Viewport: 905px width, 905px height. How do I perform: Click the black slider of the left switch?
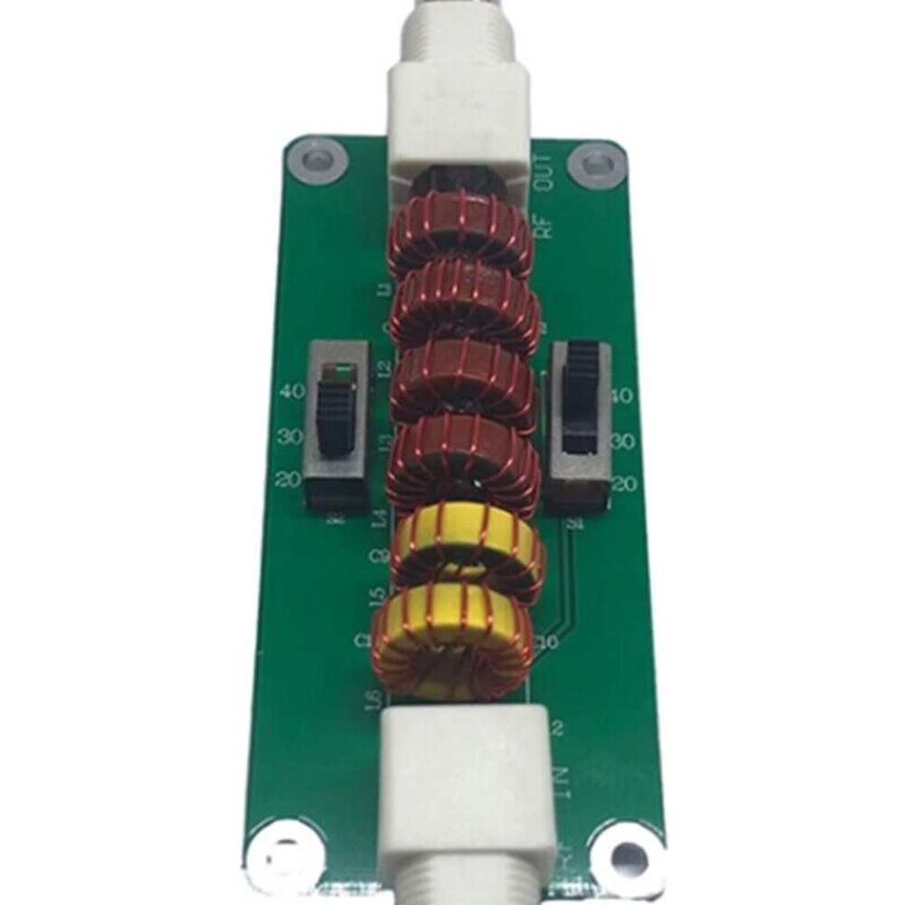pos(337,415)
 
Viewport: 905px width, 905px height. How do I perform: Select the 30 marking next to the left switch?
pos(290,436)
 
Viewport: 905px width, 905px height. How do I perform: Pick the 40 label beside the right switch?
pos(624,396)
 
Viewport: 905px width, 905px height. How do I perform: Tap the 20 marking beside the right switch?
pos(624,483)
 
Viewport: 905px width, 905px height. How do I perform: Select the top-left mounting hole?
pos(317,162)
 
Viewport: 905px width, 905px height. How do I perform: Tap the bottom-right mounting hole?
pos(625,851)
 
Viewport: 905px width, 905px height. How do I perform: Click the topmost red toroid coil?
pos(461,233)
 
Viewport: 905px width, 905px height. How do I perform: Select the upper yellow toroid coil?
pos(468,550)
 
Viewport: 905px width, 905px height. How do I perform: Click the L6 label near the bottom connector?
pos(370,699)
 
